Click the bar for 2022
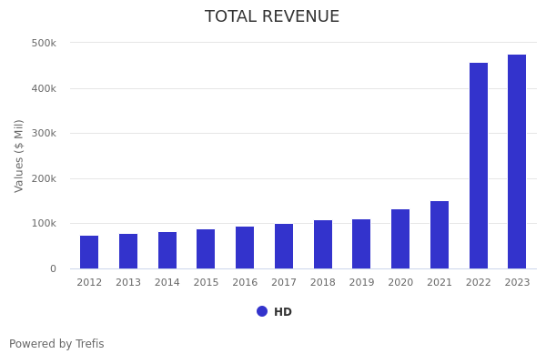click(x=479, y=166)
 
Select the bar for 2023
click(x=517, y=162)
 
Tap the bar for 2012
click(x=89, y=252)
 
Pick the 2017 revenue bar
click(x=284, y=247)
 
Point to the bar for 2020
click(x=400, y=239)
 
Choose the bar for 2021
click(x=440, y=235)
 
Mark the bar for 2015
click(x=206, y=249)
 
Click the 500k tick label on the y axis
click(x=44, y=43)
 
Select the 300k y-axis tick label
click(x=44, y=133)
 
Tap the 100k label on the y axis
click(x=44, y=223)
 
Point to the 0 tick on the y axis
click(x=53, y=268)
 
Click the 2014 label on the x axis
click(x=167, y=283)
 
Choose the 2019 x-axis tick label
click(x=361, y=283)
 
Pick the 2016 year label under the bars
click(x=245, y=283)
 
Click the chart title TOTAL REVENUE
click(x=272, y=17)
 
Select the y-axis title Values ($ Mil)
click(x=20, y=156)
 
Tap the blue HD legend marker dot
click(x=262, y=311)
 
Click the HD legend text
click(x=283, y=312)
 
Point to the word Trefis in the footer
click(x=89, y=344)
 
